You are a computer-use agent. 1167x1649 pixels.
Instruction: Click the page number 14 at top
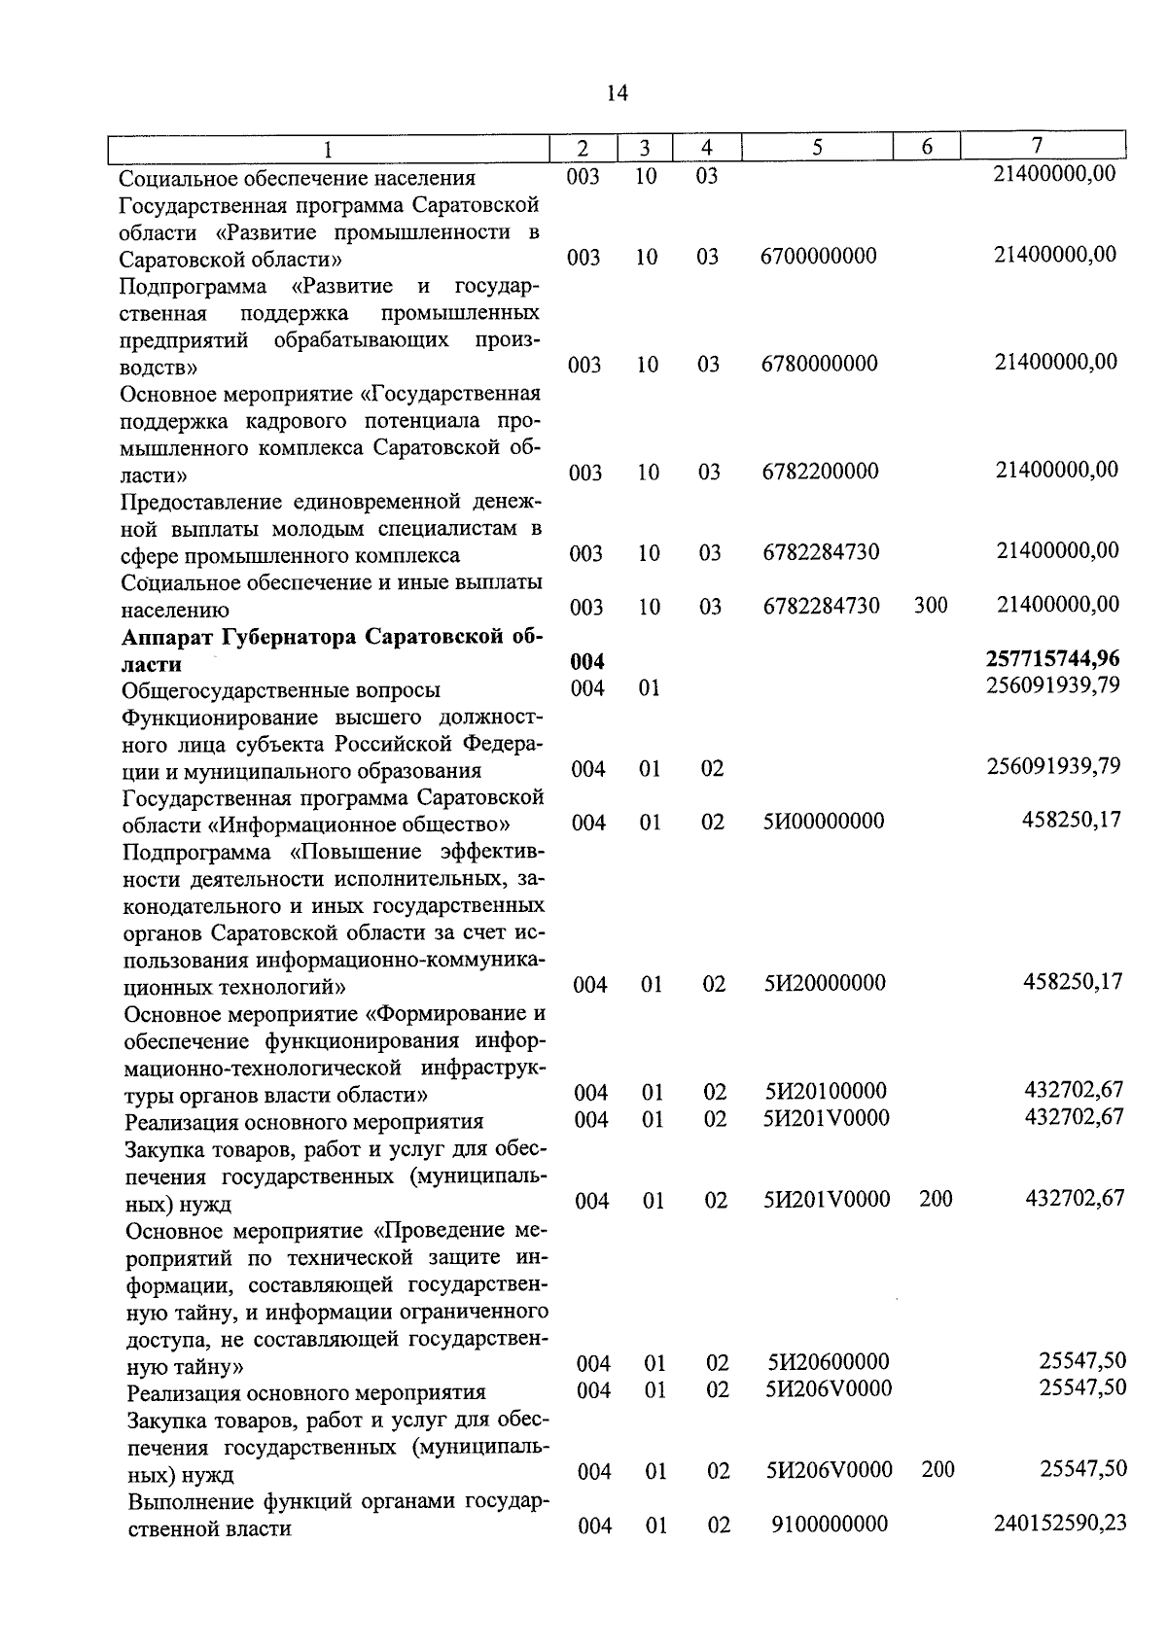coord(617,93)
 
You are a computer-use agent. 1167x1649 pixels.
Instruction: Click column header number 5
coord(817,147)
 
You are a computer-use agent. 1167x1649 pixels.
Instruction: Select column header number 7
coord(1037,146)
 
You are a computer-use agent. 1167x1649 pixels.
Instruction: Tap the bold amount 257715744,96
coord(1052,661)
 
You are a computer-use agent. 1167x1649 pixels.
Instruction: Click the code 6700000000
coord(819,256)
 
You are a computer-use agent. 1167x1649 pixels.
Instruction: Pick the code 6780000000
coord(820,364)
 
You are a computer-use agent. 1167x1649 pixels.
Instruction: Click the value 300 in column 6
coord(931,605)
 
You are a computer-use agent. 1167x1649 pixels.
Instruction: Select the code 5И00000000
coord(824,822)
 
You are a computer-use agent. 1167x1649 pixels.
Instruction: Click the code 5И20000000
coord(825,983)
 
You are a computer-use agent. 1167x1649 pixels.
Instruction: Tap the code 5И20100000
coord(826,1092)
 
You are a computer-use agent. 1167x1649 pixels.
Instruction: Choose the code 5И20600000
coord(828,1362)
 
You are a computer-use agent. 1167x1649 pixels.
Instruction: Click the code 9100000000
coord(830,1525)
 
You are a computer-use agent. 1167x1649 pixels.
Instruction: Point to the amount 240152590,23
coord(1060,1523)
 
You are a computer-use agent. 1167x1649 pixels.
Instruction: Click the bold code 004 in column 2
coord(586,662)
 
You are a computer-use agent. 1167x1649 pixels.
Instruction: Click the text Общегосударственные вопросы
coord(281,690)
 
